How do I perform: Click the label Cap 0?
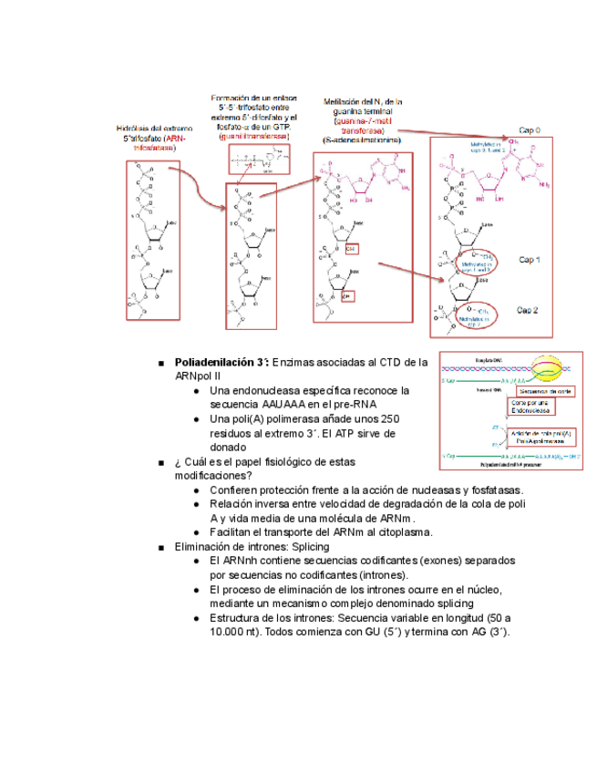[x=530, y=129]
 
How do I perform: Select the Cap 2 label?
[x=529, y=310]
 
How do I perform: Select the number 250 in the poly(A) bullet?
[x=391, y=418]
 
